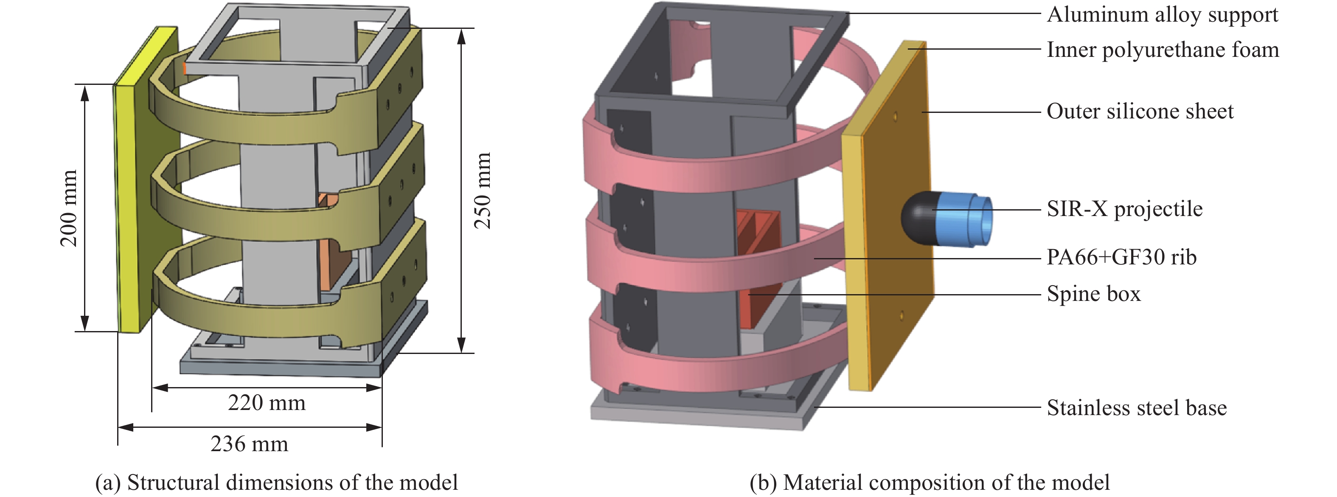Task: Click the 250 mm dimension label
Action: pos(483,191)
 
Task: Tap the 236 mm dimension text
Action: pos(249,444)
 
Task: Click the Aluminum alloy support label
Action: pos(1162,14)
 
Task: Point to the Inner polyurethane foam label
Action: pos(1163,50)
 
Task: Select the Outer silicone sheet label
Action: pos(1140,112)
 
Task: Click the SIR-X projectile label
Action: pos(1124,209)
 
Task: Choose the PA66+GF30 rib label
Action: pos(1121,257)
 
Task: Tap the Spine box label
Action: pos(1093,294)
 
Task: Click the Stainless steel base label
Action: pos(1137,408)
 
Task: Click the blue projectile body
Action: pos(964,219)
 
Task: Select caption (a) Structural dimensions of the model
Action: pos(276,483)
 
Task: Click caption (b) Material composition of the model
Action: pos(929,483)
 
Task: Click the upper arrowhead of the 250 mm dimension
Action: pos(461,37)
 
